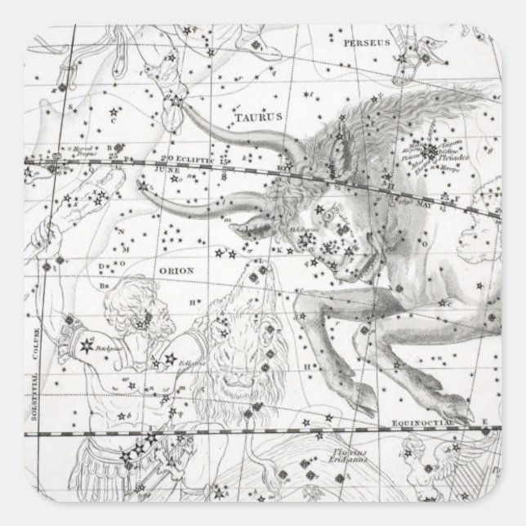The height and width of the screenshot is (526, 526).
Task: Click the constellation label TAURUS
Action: click(252, 116)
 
